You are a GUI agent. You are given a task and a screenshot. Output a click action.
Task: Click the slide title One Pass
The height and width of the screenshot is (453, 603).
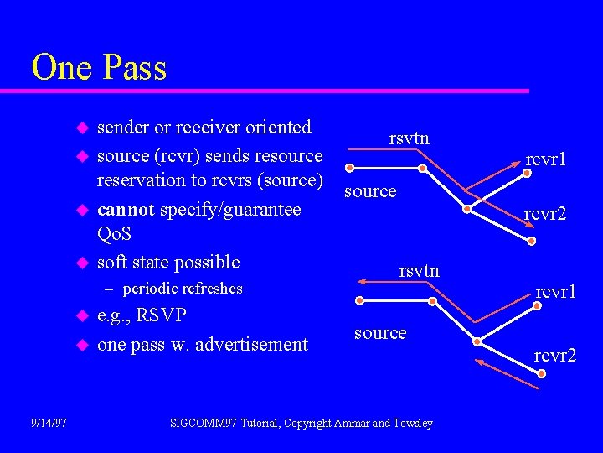click(x=99, y=68)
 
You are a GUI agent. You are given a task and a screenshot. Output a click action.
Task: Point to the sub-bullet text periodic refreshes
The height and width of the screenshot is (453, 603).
click(x=182, y=289)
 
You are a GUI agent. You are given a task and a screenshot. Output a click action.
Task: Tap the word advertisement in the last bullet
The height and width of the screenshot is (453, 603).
click(x=251, y=344)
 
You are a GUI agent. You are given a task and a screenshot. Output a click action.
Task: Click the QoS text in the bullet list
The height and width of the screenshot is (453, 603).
click(x=115, y=236)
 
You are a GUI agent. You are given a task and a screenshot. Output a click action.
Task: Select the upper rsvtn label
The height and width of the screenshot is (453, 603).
click(x=410, y=138)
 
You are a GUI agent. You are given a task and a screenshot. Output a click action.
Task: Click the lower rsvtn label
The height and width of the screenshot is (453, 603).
click(x=419, y=270)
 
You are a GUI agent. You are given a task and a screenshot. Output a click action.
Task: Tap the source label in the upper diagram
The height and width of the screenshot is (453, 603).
click(x=370, y=191)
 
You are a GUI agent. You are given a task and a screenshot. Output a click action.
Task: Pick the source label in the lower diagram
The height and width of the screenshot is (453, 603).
click(x=380, y=333)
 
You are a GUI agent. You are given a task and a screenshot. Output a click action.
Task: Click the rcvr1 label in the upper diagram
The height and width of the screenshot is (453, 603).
click(x=546, y=159)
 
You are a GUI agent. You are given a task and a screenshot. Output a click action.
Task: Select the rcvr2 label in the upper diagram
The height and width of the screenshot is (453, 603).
click(x=545, y=215)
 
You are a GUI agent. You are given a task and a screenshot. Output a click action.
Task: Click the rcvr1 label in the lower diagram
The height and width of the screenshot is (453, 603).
click(x=556, y=292)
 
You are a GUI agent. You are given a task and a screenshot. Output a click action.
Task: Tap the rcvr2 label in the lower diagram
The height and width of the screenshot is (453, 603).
click(x=555, y=357)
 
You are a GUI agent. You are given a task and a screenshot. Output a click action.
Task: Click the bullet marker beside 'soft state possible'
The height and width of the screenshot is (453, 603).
click(x=82, y=263)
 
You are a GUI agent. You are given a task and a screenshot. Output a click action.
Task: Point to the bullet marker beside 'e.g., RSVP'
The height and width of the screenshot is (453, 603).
click(x=82, y=317)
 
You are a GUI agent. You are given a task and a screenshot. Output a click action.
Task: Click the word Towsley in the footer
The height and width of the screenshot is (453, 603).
click(x=414, y=423)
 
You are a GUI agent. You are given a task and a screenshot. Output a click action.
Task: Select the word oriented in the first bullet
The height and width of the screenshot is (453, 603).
click(x=277, y=128)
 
